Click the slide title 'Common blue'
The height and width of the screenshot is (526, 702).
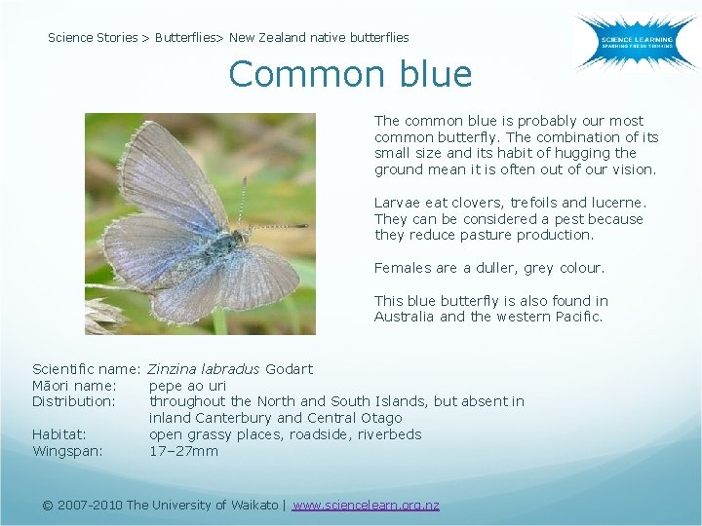(350, 74)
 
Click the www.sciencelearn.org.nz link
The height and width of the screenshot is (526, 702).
(366, 505)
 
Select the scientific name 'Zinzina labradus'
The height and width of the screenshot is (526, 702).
(204, 369)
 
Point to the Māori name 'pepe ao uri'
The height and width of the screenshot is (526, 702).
(187, 386)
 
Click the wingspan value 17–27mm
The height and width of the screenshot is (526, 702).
(183, 451)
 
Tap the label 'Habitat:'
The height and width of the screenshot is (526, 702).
(59, 434)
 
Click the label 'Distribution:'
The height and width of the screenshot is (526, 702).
(74, 401)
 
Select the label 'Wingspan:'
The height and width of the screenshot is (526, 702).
(67, 451)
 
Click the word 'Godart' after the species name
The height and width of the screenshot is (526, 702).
(289, 369)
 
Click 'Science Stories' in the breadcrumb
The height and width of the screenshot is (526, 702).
(93, 38)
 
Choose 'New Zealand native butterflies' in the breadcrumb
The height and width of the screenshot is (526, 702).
(319, 38)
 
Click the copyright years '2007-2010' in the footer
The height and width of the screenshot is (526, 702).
(90, 505)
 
